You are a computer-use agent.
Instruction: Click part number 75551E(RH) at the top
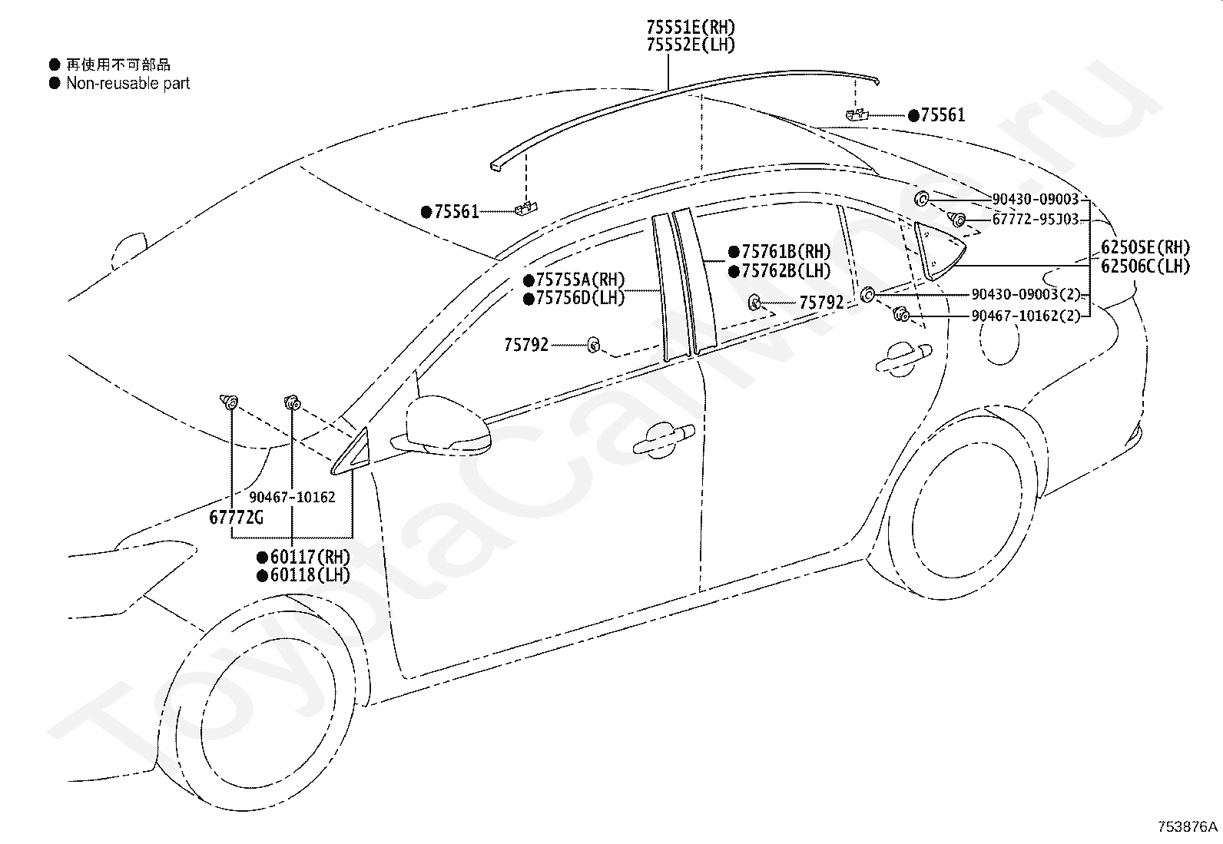point(691,27)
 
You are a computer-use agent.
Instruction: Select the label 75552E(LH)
point(691,45)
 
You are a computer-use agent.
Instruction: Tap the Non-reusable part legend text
point(128,84)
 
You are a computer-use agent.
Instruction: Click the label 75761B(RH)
point(786,252)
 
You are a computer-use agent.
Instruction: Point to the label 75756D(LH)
point(580,298)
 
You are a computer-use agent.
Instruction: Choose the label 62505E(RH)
point(1145,247)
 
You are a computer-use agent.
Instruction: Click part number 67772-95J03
point(1036,220)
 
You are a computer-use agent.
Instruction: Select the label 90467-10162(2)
point(1026,316)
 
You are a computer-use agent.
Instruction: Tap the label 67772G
point(236,517)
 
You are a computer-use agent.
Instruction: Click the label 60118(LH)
point(310,575)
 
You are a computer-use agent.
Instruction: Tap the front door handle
point(664,440)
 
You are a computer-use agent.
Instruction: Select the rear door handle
point(903,358)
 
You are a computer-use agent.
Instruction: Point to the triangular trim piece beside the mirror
point(353,454)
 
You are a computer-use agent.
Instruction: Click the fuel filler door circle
point(999,339)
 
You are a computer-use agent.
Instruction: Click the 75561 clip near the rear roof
point(857,114)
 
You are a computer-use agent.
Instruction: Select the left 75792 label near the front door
point(525,345)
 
